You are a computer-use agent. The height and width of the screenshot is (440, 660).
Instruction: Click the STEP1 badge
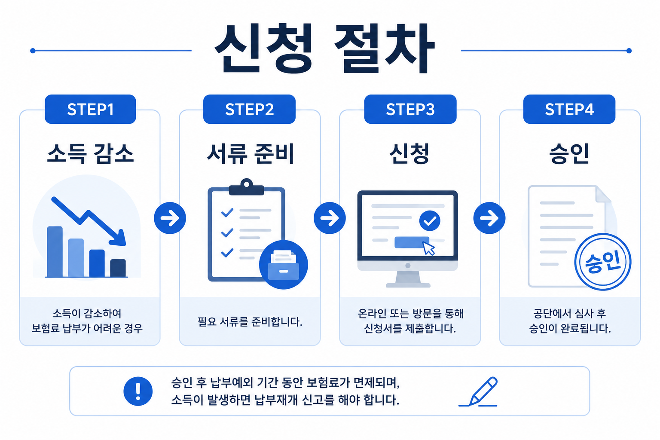click(x=90, y=109)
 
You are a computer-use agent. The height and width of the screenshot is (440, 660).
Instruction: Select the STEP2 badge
click(x=249, y=109)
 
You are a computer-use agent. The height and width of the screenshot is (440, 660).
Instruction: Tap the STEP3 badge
click(x=410, y=109)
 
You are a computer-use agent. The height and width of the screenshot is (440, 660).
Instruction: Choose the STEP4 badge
click(x=569, y=109)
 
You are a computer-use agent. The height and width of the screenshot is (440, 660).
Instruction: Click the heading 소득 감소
click(x=91, y=153)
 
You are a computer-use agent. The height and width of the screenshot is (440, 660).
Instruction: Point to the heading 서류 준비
click(x=250, y=153)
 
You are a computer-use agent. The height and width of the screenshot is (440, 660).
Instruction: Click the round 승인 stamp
click(x=602, y=262)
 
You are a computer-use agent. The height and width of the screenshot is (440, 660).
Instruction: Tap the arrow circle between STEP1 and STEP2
click(x=170, y=218)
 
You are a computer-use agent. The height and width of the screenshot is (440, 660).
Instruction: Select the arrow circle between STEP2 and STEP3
click(x=330, y=218)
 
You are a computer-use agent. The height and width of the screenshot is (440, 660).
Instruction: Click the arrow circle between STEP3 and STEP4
click(x=489, y=218)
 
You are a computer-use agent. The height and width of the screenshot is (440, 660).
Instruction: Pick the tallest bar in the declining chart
click(x=55, y=251)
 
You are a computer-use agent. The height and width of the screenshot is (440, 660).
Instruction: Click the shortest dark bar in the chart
click(x=118, y=268)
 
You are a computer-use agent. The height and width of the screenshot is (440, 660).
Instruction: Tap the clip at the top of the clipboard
click(x=247, y=187)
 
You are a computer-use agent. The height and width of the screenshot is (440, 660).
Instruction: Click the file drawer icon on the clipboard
click(x=284, y=265)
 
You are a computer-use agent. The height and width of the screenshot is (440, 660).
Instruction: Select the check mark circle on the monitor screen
click(x=430, y=221)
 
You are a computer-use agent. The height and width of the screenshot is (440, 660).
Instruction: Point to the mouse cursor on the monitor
click(x=429, y=249)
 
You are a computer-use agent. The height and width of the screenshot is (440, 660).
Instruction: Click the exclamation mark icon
click(x=138, y=391)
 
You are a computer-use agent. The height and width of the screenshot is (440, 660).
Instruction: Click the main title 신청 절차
click(x=325, y=48)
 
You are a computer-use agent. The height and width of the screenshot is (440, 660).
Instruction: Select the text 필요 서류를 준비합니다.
click(x=250, y=321)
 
